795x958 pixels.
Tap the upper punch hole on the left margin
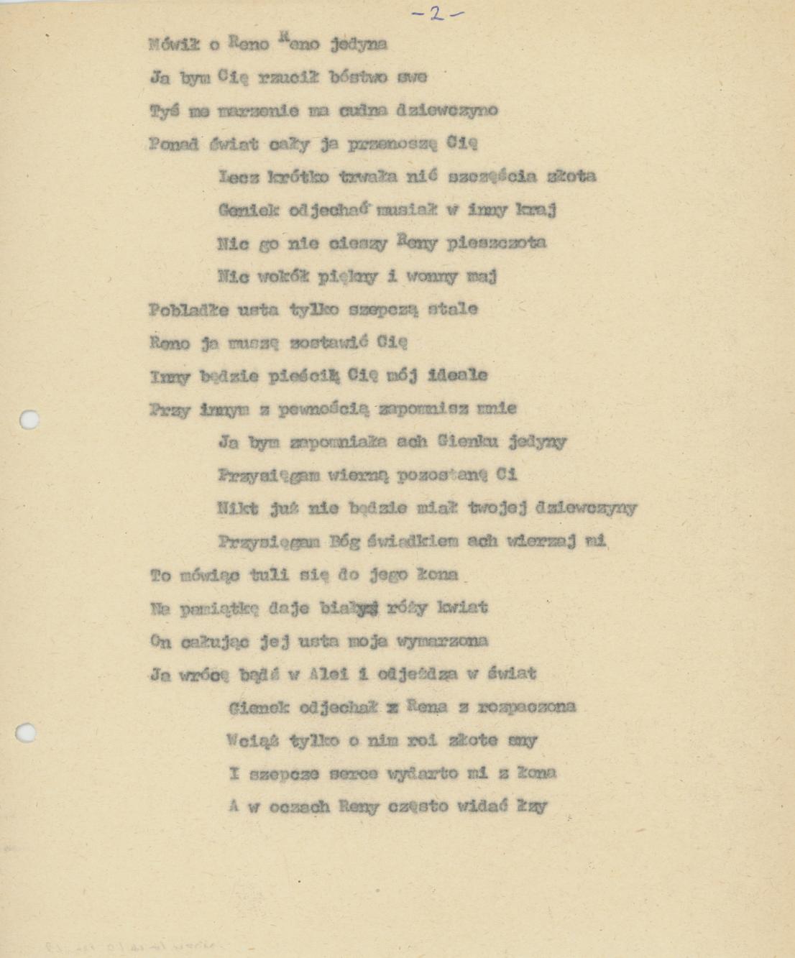coord(29,420)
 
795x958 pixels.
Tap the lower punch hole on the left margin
coord(26,732)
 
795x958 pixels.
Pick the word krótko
coord(299,177)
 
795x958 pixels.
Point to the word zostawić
coord(328,343)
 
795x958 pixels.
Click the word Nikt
coord(238,508)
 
